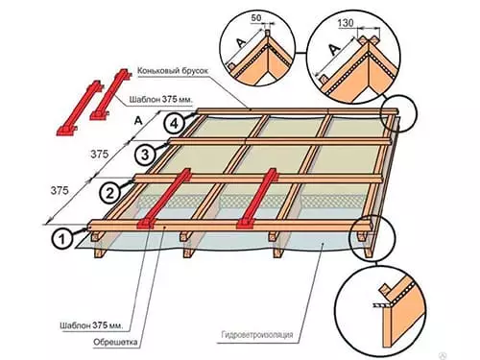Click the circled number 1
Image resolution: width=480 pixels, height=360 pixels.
tap(62, 239)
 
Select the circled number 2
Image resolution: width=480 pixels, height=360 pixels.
tap(109, 193)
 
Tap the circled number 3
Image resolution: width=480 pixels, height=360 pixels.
tap(145, 155)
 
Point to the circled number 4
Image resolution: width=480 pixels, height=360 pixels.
tap(174, 123)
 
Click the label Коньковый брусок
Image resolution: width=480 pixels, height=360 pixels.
tap(173, 71)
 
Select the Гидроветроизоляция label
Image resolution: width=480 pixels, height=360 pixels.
tap(257, 335)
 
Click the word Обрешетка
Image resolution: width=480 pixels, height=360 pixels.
tap(115, 342)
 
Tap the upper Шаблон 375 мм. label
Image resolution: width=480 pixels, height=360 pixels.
tap(161, 100)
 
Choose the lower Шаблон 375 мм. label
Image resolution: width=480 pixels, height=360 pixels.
tap(91, 325)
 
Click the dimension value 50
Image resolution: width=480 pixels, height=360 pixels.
tap(256, 18)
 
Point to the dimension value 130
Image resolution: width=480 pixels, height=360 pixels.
tap(346, 23)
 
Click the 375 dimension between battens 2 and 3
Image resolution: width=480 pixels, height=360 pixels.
tap(100, 155)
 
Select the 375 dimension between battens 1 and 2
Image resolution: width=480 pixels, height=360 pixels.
tap(60, 191)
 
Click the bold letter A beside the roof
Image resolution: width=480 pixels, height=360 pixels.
tap(138, 121)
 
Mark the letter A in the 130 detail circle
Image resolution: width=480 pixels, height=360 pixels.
tap(334, 49)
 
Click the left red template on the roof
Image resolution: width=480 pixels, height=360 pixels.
tap(164, 199)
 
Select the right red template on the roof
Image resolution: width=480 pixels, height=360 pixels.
tap(257, 199)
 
